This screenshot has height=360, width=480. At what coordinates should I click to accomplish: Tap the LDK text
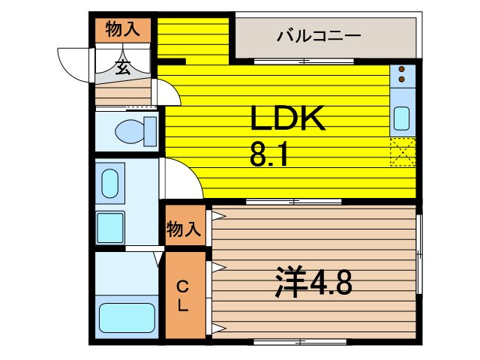coord(287,119)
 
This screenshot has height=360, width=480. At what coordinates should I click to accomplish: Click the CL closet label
coord(183,295)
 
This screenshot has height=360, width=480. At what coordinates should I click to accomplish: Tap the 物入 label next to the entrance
coord(122,29)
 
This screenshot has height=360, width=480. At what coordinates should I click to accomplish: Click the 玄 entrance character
coord(122,68)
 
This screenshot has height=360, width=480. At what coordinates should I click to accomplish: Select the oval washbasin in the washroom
coord(109,184)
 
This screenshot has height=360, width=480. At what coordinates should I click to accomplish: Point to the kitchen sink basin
coord(401,118)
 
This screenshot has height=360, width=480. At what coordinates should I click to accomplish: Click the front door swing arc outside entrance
coord(73,64)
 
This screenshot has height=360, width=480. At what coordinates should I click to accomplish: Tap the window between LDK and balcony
coord(283,61)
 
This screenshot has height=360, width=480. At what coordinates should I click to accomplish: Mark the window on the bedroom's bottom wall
coord(300,342)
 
